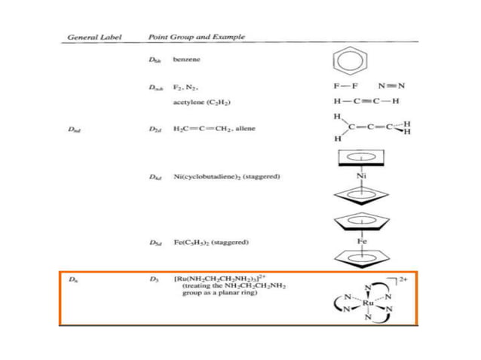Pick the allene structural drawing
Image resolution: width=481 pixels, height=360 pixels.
[x=369, y=128]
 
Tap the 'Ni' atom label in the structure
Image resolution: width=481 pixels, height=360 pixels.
[x=362, y=177]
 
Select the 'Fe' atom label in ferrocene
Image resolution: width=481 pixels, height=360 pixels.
[x=363, y=243]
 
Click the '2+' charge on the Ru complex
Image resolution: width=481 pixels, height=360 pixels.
[x=403, y=280]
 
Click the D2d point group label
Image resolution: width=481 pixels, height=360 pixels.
[x=155, y=129]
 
